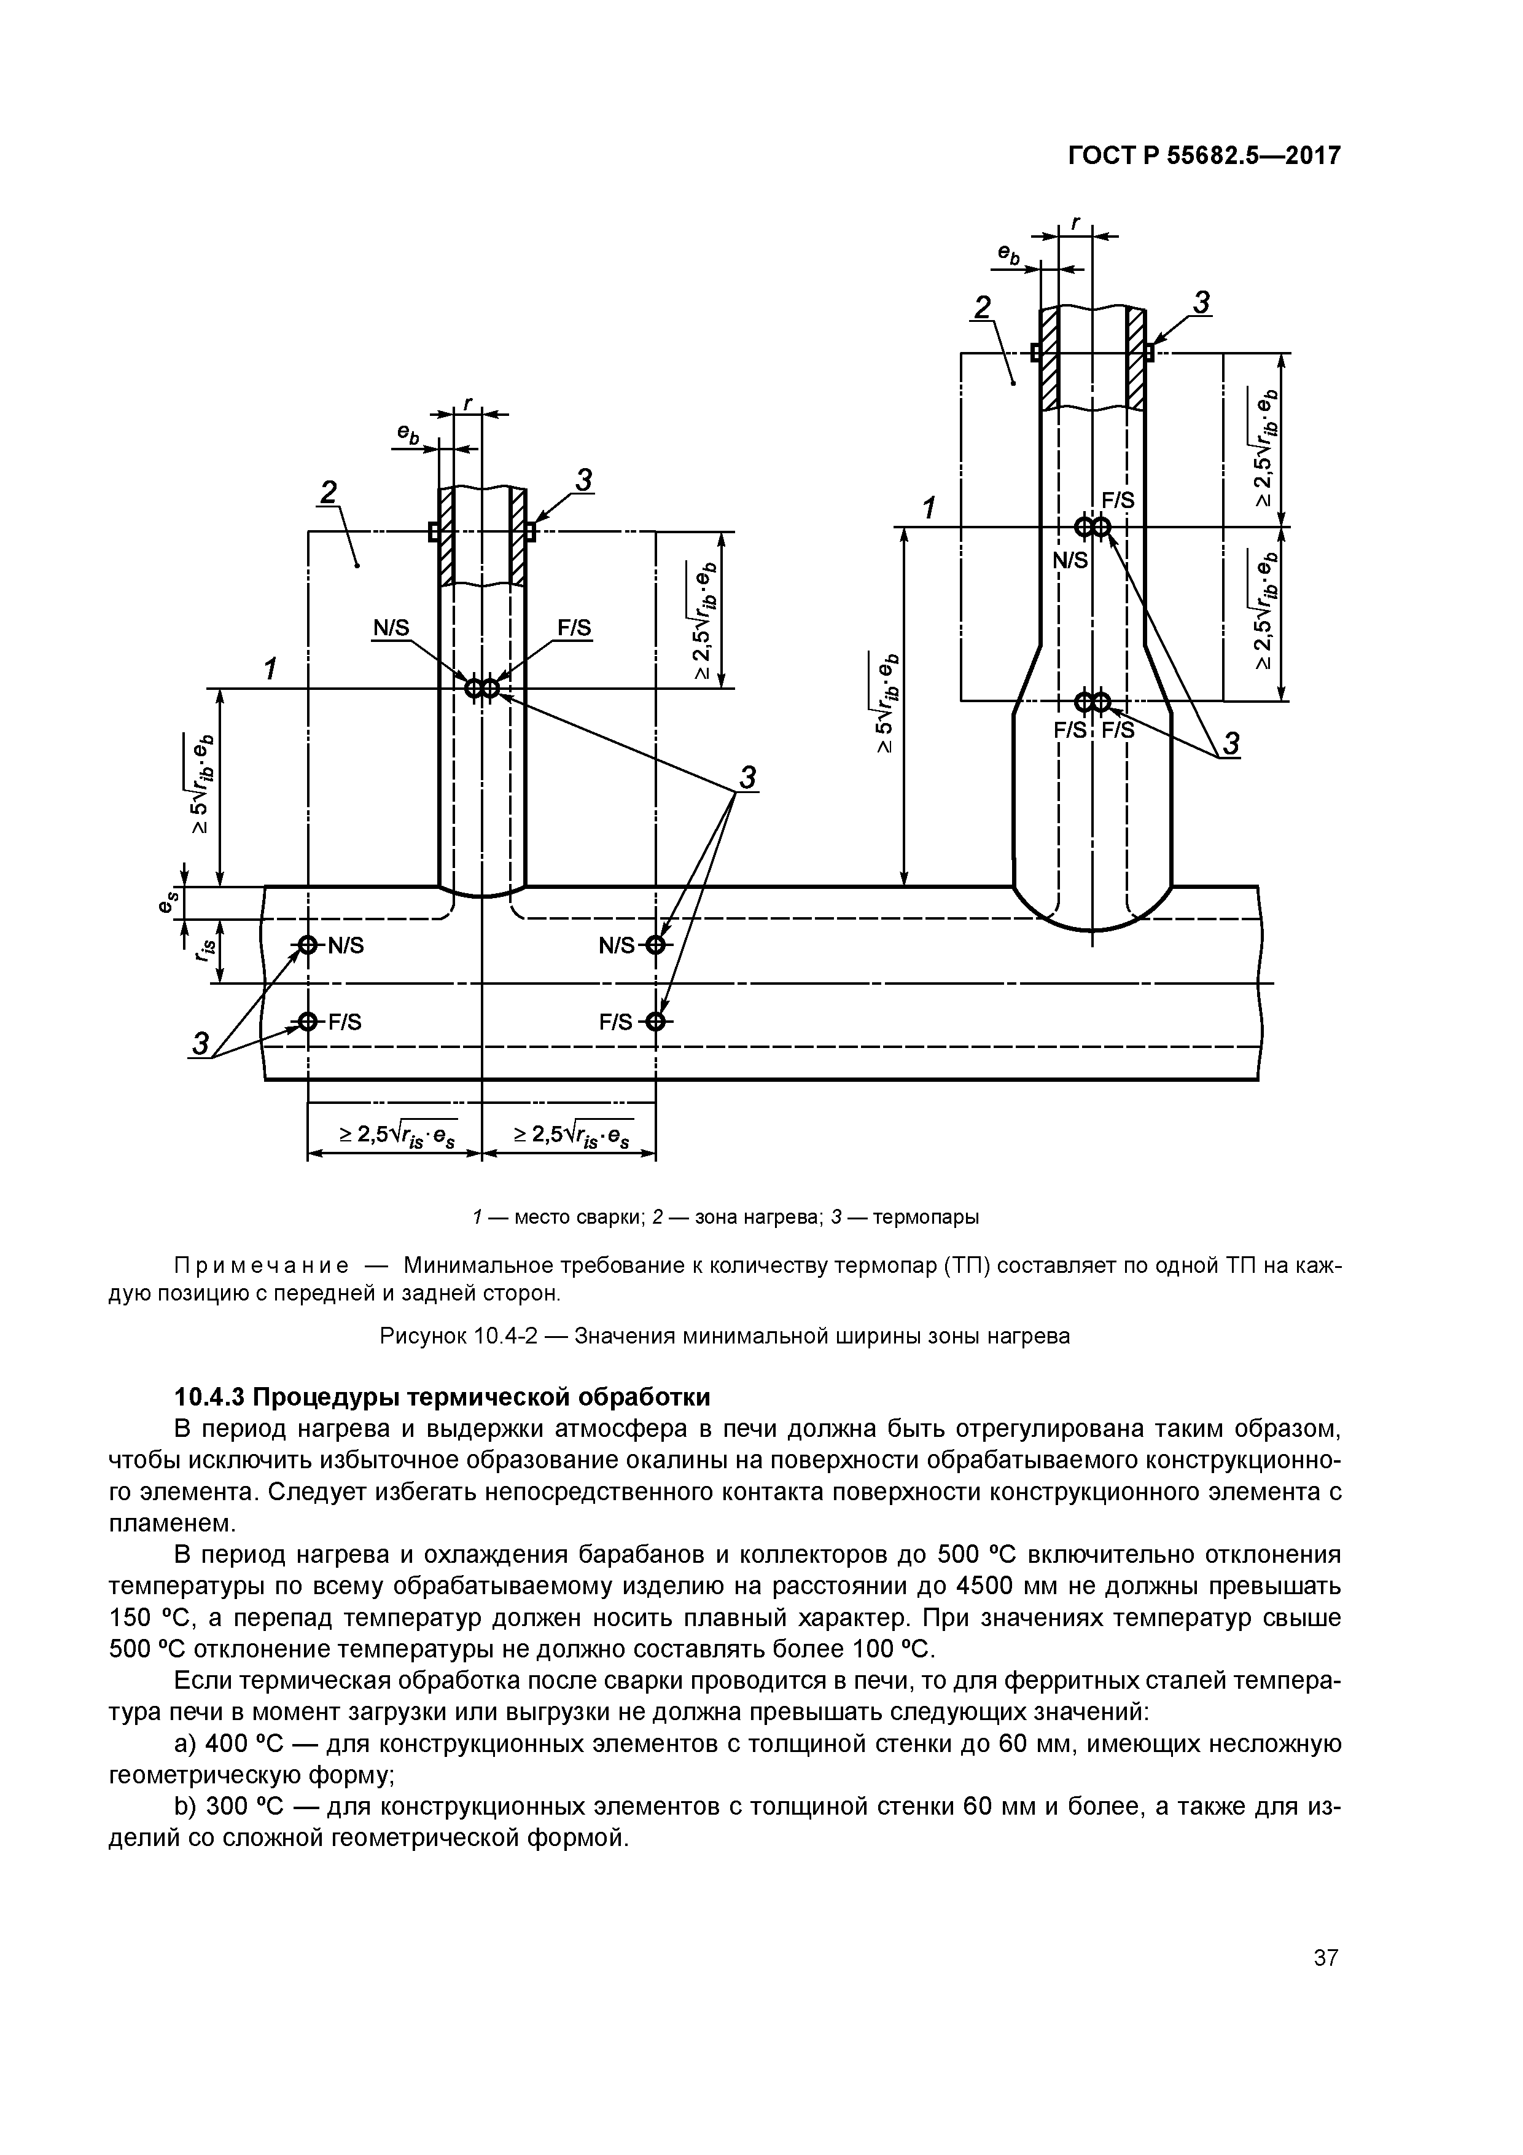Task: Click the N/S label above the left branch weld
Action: tap(391, 628)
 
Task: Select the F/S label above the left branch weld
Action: tap(574, 628)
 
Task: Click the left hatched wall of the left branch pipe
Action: tap(446, 535)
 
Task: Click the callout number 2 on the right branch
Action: tap(983, 308)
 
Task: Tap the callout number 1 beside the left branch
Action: tap(271, 670)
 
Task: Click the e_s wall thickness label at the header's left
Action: tap(167, 903)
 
